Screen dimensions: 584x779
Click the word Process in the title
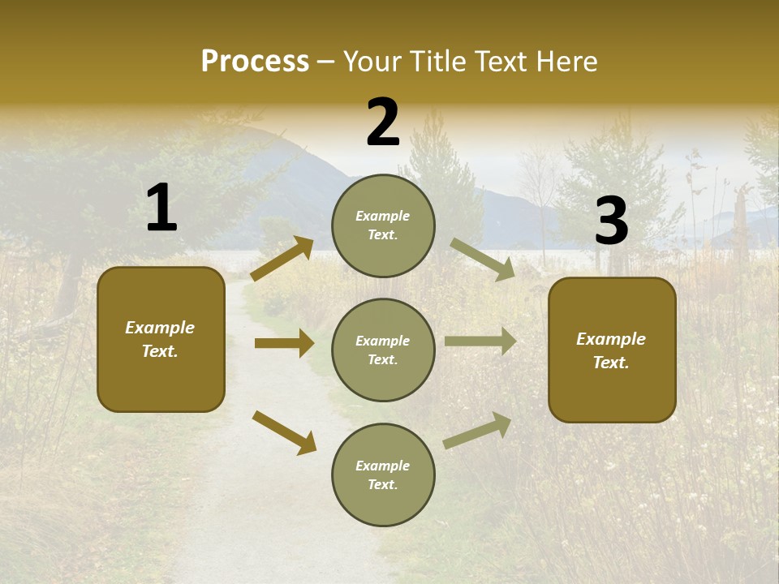coord(255,61)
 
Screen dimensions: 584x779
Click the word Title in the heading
coord(434,61)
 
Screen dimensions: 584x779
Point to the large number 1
coord(161,208)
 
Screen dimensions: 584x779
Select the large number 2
coord(383,122)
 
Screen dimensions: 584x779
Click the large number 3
coord(611,221)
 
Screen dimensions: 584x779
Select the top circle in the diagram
coord(383,225)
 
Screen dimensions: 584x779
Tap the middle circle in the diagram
coord(383,350)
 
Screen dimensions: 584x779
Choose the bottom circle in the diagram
coord(383,475)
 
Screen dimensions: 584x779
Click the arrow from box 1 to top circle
coord(282,258)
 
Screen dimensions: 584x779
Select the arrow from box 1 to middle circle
coord(284,343)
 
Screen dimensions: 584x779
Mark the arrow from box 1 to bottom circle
coord(284,432)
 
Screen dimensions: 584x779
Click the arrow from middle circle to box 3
coord(480,341)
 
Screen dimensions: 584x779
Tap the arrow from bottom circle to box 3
coord(477,431)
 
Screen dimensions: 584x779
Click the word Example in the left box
coord(160,328)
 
